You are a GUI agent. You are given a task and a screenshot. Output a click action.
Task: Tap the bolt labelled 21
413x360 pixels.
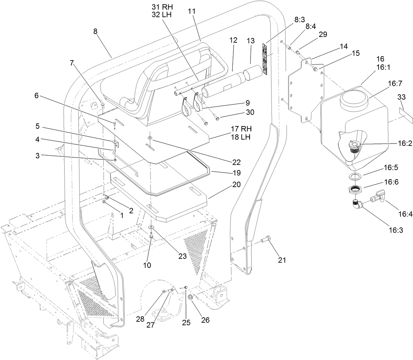coord(265,240)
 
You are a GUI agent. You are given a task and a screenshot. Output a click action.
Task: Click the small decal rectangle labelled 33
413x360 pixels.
coord(405,112)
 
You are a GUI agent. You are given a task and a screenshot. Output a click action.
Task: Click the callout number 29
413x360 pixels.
coord(313,34)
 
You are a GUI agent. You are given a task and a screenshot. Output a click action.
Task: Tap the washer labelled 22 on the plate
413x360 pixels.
coord(149,137)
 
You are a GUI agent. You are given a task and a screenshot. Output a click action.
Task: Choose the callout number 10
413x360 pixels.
coord(147,265)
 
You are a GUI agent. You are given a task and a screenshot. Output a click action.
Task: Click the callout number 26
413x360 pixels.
coord(205,320)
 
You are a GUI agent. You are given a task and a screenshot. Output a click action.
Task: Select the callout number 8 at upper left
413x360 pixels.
coord(96,32)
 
